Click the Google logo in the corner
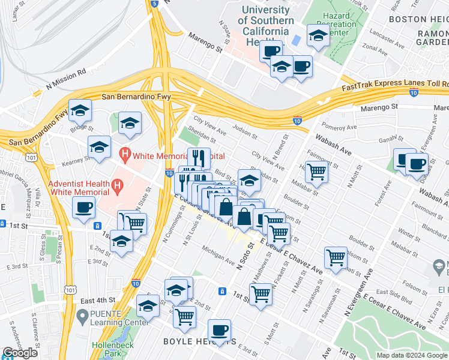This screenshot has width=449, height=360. point(20,353)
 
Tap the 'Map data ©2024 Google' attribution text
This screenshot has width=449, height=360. point(412,355)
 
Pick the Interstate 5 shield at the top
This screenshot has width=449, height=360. point(154,4)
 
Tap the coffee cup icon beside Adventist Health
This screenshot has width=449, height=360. point(83,208)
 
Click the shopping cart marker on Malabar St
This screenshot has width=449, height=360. point(316,172)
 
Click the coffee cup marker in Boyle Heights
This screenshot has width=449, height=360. point(219,330)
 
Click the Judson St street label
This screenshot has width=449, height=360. point(244,128)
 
